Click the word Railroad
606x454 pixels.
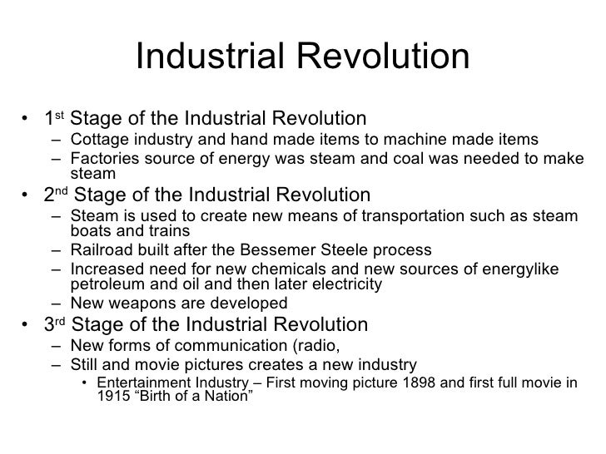coord(103,250)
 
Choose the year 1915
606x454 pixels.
coord(107,397)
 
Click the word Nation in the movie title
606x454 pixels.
coord(227,397)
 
